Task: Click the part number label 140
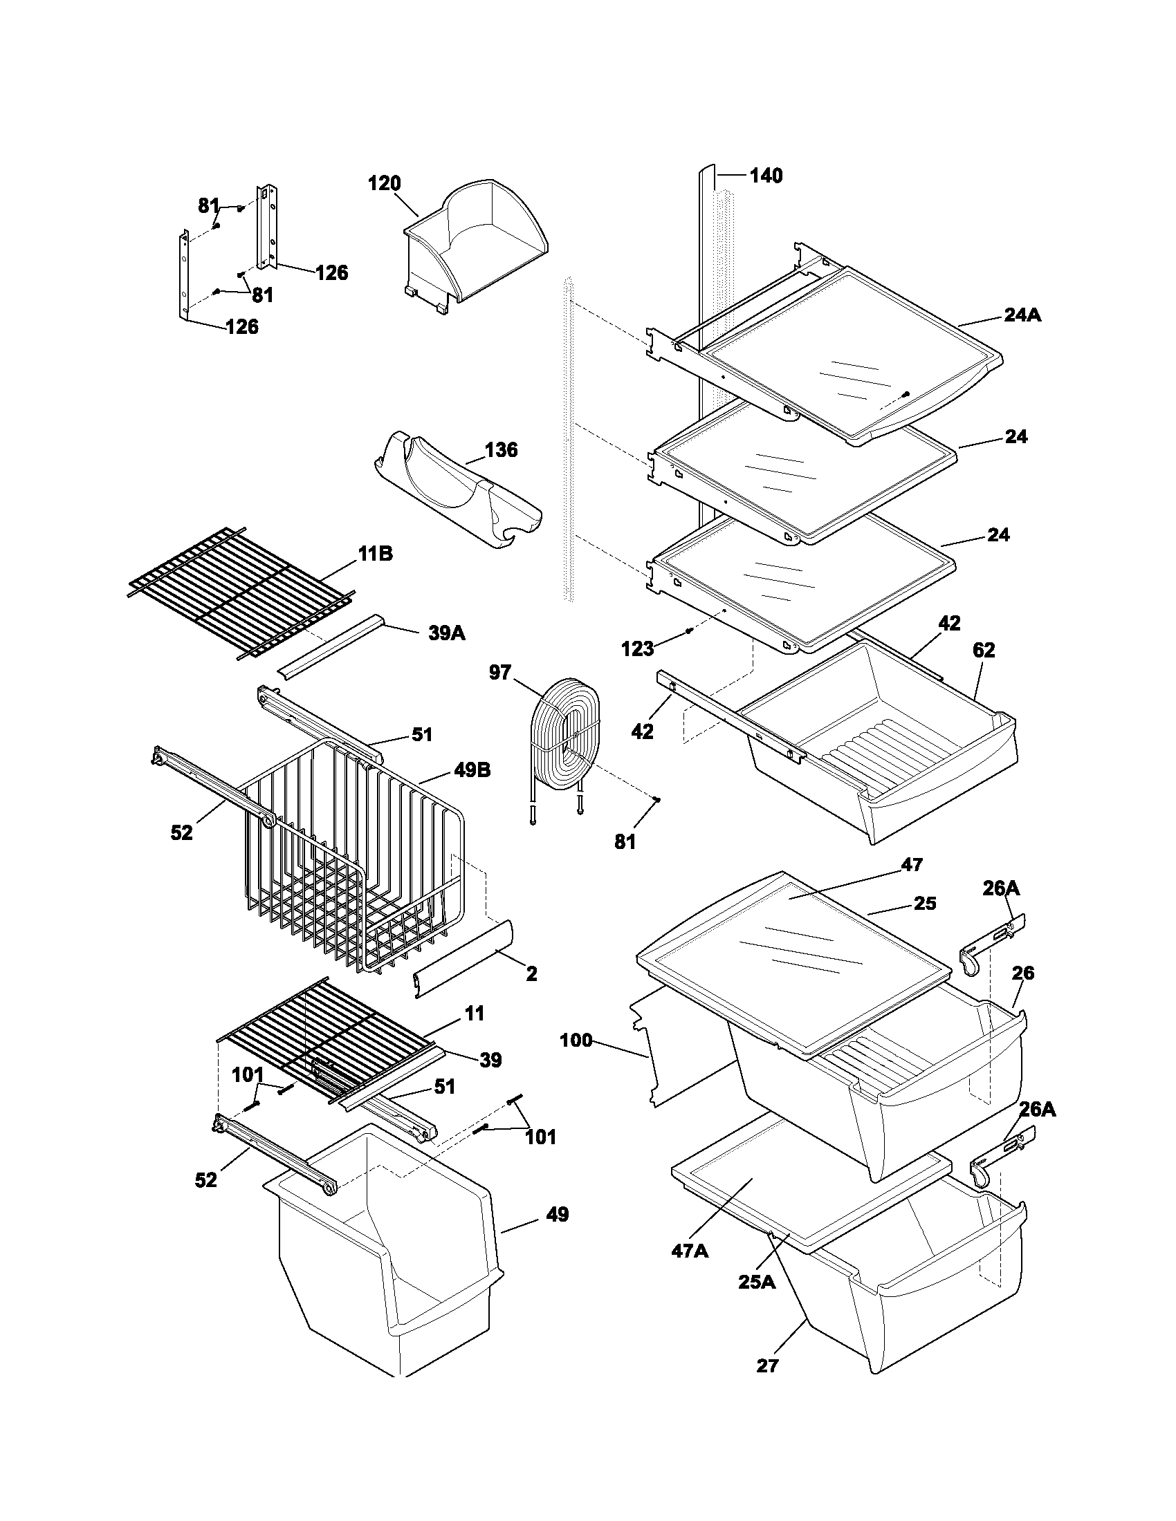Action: pos(766,176)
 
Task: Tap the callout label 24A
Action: pos(1022,315)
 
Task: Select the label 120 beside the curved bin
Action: pos(385,183)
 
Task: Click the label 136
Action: pos(502,449)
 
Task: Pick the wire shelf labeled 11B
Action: pos(240,592)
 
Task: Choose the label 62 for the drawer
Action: pos(983,650)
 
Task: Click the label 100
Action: pos(576,1041)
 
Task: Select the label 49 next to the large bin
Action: pos(558,1215)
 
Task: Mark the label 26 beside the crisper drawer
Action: pos(1022,973)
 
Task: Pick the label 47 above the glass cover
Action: pos(912,864)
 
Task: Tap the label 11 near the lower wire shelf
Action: pos(475,1013)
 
